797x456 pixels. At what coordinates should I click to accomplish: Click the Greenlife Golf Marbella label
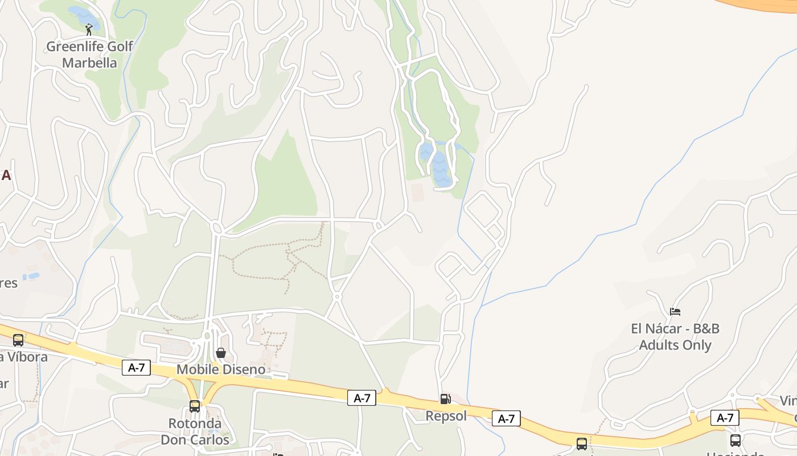[x=89, y=55]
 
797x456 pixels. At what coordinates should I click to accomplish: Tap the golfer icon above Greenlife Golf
[x=89, y=30]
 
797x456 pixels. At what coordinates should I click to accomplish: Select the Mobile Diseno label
[x=221, y=369]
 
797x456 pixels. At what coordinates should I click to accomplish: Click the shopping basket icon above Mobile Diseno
[x=221, y=353]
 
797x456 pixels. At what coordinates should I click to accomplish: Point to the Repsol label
[x=446, y=416]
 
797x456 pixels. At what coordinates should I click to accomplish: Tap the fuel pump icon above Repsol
[x=445, y=399]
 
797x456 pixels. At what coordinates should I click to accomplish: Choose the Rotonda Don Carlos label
[x=195, y=431]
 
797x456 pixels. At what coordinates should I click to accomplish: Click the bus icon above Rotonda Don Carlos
[x=195, y=406]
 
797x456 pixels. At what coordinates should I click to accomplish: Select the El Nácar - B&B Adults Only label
[x=675, y=337]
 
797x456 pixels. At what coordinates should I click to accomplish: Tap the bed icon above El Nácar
[x=675, y=311]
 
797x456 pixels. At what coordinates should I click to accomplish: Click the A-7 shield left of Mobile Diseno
[x=136, y=368]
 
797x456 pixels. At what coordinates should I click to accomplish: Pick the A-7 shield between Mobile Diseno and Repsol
[x=362, y=398]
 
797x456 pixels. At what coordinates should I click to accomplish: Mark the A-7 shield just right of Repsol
[x=506, y=418]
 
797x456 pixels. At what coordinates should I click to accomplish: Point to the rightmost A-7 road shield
[x=725, y=418]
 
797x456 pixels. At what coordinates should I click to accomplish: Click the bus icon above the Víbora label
[x=18, y=340]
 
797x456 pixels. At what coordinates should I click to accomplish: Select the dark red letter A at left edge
[x=6, y=176]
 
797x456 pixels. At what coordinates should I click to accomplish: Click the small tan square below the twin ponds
[x=417, y=192]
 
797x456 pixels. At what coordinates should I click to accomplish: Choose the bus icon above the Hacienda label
[x=736, y=440]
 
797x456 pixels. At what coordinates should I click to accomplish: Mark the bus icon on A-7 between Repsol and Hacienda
[x=582, y=443]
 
